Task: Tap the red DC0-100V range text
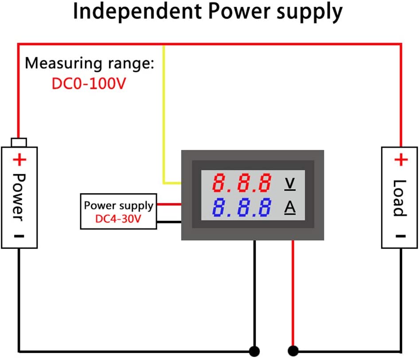click(89, 83)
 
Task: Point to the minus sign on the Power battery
click(19, 236)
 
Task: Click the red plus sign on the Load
click(401, 160)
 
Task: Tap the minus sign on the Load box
click(400, 236)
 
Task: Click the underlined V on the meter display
click(290, 183)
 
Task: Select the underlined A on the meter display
click(290, 207)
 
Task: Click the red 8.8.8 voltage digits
click(242, 183)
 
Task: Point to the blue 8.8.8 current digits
click(242, 207)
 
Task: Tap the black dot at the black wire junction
click(254, 350)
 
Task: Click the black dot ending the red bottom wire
click(293, 350)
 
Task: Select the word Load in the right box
click(400, 198)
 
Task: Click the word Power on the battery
click(19, 196)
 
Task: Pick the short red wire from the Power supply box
click(169, 204)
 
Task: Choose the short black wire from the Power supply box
click(169, 221)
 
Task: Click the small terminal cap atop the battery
click(19, 142)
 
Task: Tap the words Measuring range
click(89, 63)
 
